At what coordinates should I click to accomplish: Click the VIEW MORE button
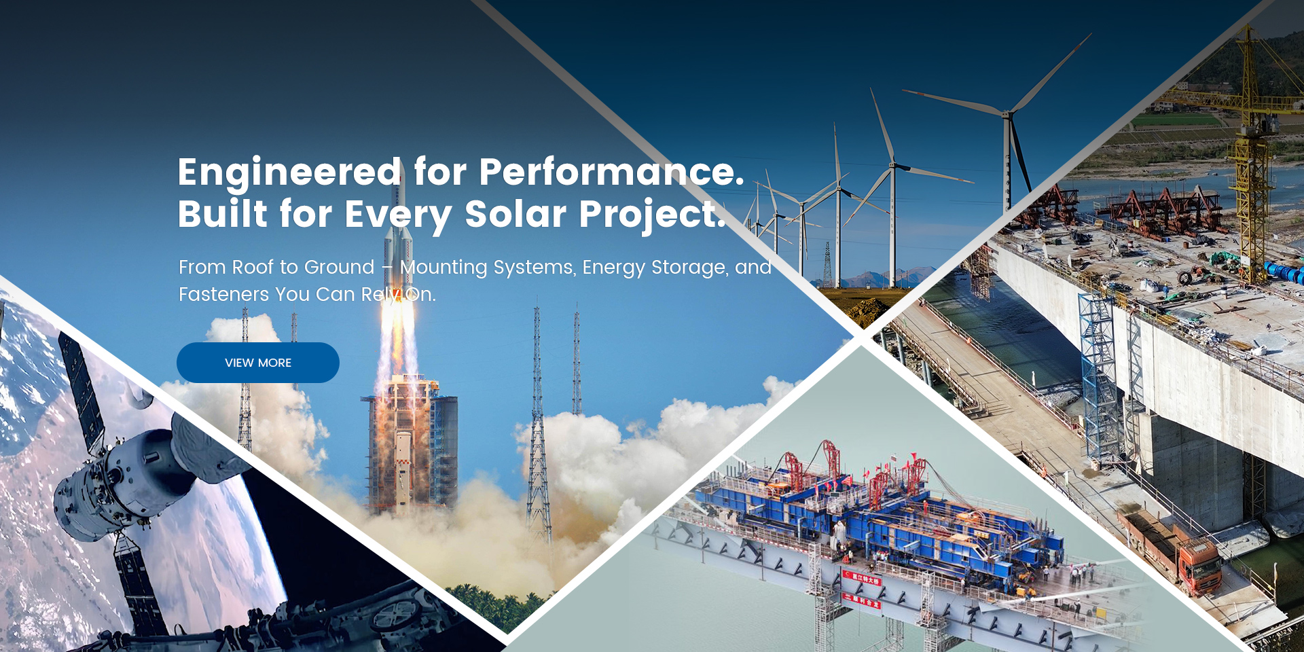pos(258,363)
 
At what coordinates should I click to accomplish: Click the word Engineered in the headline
pos(289,173)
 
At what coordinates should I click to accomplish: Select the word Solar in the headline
pos(515,214)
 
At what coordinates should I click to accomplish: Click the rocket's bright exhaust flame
pos(397,333)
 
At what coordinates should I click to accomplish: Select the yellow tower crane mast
pos(1251,149)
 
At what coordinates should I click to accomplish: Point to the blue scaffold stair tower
pos(1097,380)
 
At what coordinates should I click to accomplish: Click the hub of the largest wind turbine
pos(1009,113)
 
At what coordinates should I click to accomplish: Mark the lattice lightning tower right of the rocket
pos(537,421)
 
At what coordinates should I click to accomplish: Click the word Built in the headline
pos(223,214)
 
